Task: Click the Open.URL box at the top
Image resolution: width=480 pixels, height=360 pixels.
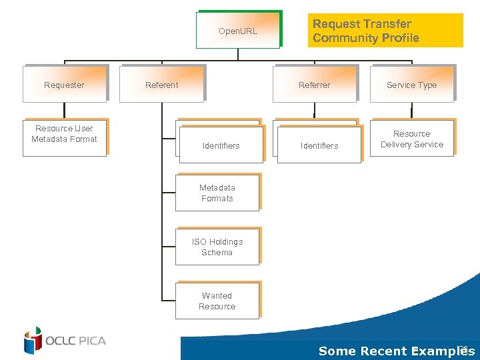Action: click(238, 31)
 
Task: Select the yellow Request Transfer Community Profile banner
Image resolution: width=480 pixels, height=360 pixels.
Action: click(386, 31)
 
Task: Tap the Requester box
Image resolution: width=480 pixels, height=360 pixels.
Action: click(65, 85)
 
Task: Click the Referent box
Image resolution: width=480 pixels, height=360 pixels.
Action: click(162, 85)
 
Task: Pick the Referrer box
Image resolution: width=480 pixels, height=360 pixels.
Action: click(315, 85)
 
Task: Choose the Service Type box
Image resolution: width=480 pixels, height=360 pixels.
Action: click(412, 85)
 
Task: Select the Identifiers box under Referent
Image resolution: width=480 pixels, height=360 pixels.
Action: click(221, 145)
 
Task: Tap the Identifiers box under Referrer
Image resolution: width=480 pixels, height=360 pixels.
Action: click(319, 145)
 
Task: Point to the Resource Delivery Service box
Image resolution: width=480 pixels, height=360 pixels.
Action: click(412, 139)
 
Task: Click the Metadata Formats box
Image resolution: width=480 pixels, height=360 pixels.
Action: click(217, 193)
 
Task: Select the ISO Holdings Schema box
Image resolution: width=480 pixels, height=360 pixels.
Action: click(217, 247)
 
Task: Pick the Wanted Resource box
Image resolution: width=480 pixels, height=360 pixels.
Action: click(217, 301)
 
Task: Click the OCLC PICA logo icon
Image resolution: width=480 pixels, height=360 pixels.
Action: click(33, 341)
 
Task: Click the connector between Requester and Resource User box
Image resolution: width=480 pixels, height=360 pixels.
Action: click(65, 111)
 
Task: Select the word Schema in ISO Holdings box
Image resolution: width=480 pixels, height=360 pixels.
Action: click(217, 253)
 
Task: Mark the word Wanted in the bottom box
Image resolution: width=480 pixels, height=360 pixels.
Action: click(217, 295)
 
